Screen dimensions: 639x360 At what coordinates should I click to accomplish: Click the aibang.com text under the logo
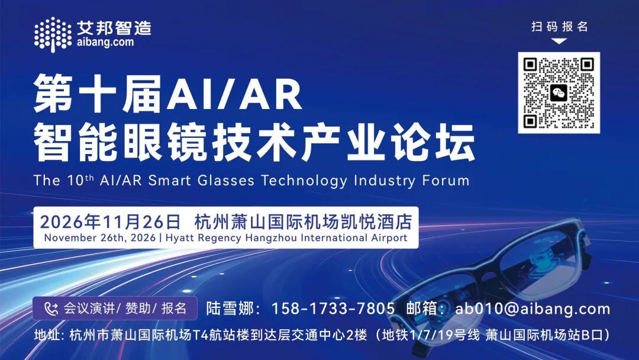tap(105, 42)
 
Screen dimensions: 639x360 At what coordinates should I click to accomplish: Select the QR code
tap(559, 92)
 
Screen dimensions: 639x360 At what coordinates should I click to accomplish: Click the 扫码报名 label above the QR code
tap(559, 27)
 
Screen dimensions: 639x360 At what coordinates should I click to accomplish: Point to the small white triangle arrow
tap(559, 41)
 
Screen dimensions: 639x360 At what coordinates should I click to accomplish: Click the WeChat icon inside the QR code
tap(559, 93)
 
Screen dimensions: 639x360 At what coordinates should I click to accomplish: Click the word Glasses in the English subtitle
tap(226, 180)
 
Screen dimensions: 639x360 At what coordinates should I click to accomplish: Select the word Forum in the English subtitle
tap(446, 180)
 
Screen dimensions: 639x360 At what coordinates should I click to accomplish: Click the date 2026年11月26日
tap(110, 222)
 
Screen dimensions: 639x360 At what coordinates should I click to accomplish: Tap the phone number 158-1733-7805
tap(333, 308)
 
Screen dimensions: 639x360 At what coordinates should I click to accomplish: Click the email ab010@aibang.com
tap(532, 308)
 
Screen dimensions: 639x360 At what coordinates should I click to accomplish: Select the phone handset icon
tap(51, 308)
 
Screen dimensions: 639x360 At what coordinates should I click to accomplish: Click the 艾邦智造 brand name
tap(114, 28)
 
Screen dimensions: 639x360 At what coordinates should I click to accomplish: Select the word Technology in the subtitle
tap(304, 180)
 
